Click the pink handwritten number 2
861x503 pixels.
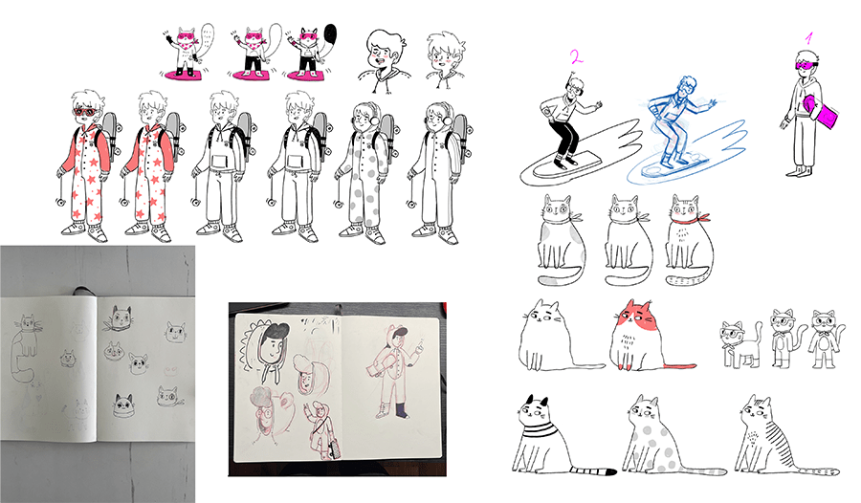[x=576, y=57]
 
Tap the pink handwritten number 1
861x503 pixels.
[x=808, y=38]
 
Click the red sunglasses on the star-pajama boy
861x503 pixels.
[x=86, y=113]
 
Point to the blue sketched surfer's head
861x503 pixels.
[x=686, y=88]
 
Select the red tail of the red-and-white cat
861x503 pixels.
[x=679, y=365]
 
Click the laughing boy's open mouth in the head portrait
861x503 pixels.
[x=378, y=60]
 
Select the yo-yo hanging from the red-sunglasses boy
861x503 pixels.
[x=60, y=202]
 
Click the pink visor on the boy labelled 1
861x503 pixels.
[x=806, y=66]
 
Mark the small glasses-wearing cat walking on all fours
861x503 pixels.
[x=740, y=344]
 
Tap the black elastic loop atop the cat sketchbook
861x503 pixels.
[x=81, y=291]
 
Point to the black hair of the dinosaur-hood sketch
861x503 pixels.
[x=274, y=331]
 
